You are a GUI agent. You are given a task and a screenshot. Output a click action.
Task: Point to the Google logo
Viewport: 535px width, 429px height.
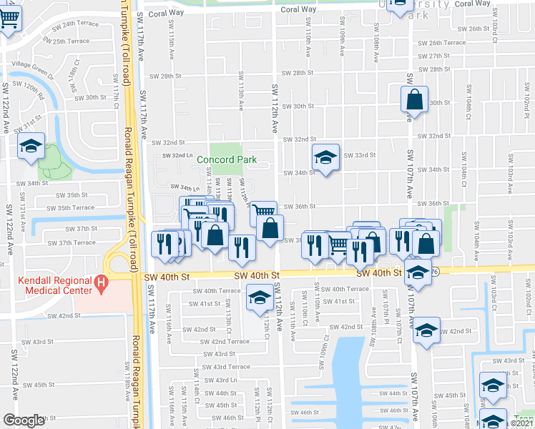(24, 420)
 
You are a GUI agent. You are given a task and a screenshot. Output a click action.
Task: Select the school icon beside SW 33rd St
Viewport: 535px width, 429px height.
(325, 158)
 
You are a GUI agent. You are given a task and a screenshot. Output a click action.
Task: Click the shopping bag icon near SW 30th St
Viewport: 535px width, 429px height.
(414, 101)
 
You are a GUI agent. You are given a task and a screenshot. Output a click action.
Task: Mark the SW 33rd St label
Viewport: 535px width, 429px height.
(359, 155)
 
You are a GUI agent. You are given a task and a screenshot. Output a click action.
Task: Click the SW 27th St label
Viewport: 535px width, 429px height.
(433, 56)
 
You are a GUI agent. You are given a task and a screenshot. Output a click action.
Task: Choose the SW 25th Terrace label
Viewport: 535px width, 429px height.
(69, 41)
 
